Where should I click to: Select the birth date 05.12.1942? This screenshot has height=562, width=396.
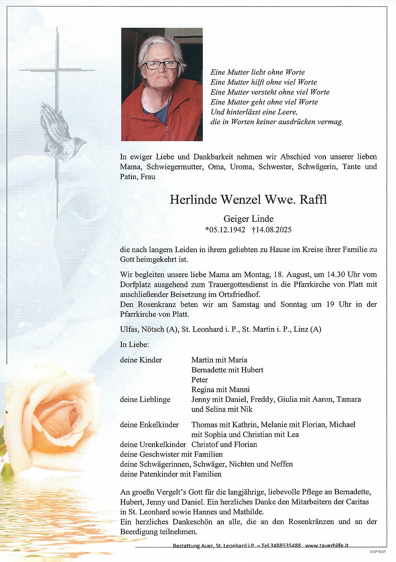pos(225,230)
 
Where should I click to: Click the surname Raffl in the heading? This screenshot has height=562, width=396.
pos(313,200)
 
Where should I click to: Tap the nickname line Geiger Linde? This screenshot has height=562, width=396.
pos(248,219)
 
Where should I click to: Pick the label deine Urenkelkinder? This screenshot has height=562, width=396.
pos(153,445)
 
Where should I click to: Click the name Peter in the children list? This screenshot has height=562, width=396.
pos(200,380)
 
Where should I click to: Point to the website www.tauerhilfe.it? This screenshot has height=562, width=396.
pos(327,545)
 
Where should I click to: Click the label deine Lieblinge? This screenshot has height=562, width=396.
pos(145,399)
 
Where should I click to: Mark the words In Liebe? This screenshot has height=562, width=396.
pos(134,345)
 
